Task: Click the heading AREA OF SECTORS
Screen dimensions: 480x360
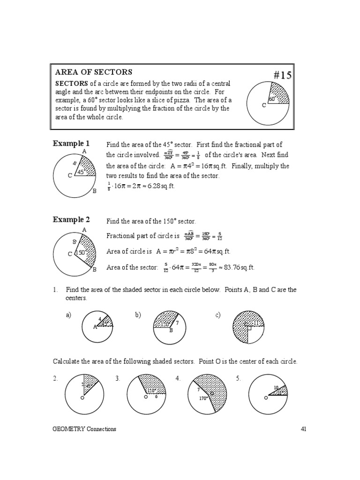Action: [94, 72]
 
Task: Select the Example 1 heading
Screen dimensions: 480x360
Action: [71, 143]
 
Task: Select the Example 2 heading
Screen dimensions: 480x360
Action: [71, 219]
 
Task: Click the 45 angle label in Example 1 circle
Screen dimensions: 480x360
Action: [80, 172]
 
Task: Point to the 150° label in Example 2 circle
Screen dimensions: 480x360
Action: [81, 252]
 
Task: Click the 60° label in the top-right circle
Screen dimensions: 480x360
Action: [272, 99]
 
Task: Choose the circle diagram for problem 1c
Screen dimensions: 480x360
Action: [248, 327]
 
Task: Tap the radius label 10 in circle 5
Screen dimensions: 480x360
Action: [276, 388]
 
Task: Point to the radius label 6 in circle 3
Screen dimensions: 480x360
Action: [156, 397]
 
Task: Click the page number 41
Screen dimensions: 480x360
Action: [302, 429]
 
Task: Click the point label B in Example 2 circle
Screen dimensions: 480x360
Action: [94, 270]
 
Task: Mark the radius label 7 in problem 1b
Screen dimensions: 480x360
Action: [177, 323]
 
